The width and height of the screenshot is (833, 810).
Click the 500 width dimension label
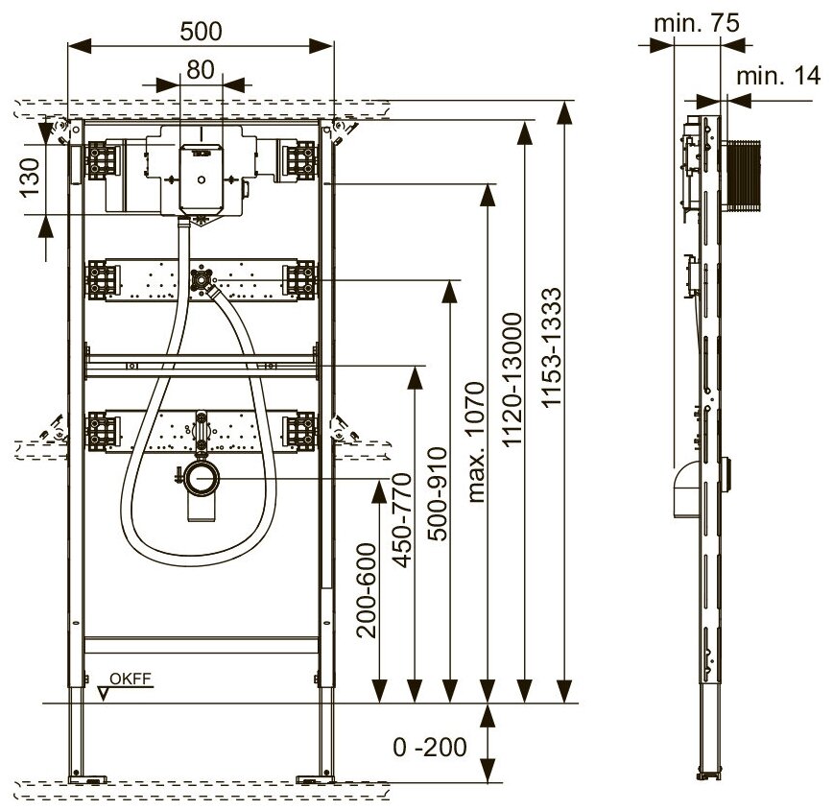pos(201,31)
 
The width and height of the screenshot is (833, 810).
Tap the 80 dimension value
pos(200,70)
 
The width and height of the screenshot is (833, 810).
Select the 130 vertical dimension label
pos(30,177)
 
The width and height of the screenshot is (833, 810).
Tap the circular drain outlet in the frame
pos(202,475)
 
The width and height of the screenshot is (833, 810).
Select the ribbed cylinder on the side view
pos(744,175)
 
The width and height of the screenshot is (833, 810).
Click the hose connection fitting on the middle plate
pos(202,281)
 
